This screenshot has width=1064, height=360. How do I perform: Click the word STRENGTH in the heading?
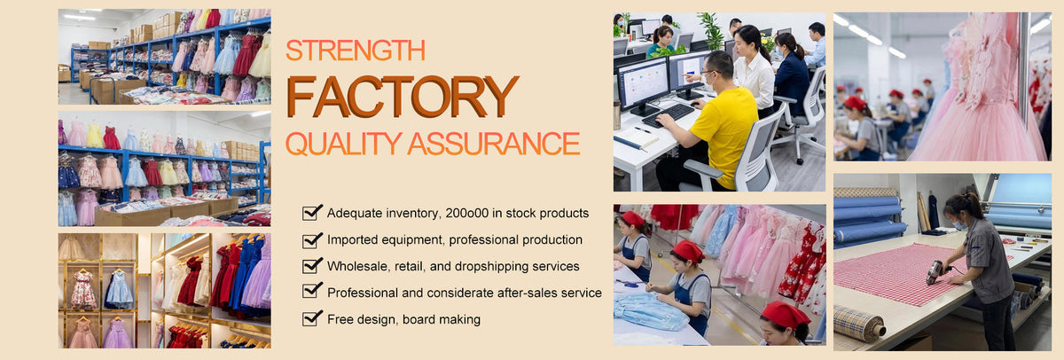tap(356, 51)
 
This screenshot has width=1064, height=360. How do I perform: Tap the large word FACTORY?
tap(403, 97)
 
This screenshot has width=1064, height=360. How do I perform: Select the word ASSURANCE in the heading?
tap(494, 144)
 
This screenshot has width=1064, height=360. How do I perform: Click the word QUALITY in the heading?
tap(344, 144)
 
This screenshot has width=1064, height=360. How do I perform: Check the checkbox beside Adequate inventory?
tap(312, 213)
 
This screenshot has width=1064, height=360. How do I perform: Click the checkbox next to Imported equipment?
tap(312, 239)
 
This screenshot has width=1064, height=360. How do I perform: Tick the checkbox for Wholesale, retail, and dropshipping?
tap(312, 266)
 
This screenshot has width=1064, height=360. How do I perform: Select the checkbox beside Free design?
tap(312, 318)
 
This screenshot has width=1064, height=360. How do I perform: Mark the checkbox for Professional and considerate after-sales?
tap(312, 291)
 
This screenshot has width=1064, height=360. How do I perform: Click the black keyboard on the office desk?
tap(669, 115)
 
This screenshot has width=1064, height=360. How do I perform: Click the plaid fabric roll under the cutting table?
tap(859, 323)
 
